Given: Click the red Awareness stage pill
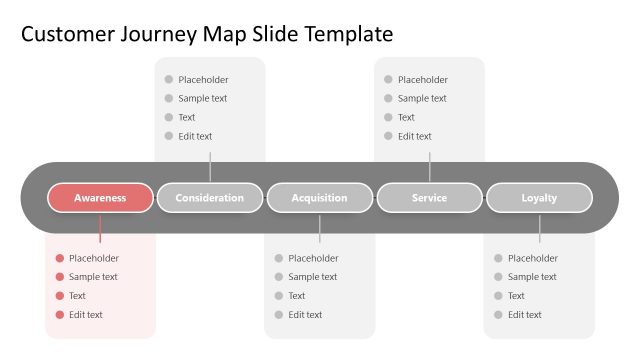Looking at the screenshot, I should coord(100,198).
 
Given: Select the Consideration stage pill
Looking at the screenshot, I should coord(210,198).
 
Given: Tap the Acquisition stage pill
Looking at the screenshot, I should coord(320,198).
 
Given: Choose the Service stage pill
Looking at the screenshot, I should coord(429,198).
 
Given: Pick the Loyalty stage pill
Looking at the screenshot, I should coord(539,198).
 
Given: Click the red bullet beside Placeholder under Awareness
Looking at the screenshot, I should coord(60,258).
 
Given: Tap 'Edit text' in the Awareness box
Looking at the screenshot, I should coord(86,315).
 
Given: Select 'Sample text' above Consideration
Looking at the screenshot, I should coord(202,99).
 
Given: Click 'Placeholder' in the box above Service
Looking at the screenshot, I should coord(422,80).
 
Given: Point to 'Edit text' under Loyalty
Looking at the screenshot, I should coord(524,315).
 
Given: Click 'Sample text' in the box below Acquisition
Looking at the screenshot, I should coord(312,277).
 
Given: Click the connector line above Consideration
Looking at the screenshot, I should coord(210,167).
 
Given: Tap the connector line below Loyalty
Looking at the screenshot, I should coord(539,228).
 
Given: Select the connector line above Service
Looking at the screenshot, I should coord(429,167).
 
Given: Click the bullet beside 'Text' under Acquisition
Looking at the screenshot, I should coord(279,296).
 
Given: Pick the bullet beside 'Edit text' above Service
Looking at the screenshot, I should coord(389,136).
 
